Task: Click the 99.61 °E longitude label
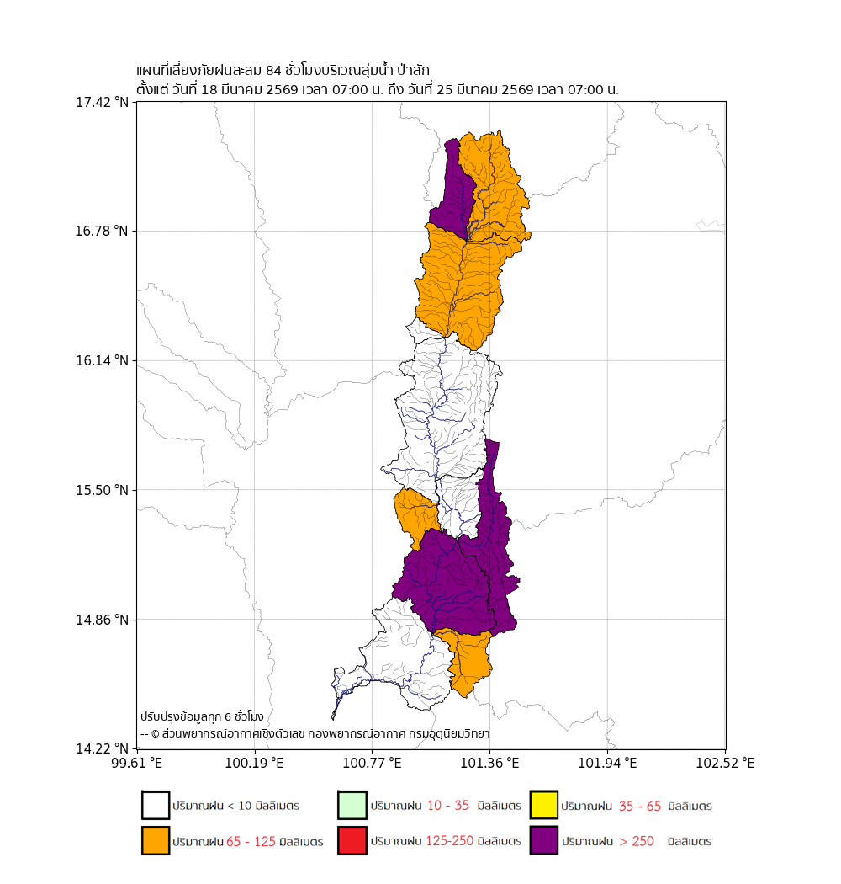(x=137, y=763)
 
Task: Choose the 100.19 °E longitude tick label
(x=254, y=763)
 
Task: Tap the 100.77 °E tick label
(x=372, y=763)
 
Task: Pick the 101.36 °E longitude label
(x=489, y=763)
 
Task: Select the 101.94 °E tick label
(x=607, y=763)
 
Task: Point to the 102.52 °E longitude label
(x=725, y=763)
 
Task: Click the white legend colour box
(x=156, y=805)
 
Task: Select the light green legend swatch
(x=352, y=805)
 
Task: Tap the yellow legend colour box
(x=544, y=805)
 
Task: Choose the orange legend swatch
(x=156, y=840)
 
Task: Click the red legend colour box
(x=352, y=840)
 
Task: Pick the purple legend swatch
(x=544, y=840)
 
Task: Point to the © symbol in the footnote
(x=156, y=734)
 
